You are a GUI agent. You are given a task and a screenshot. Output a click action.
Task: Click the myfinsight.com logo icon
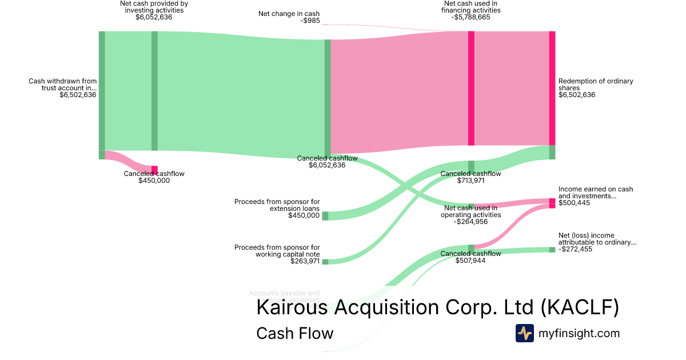click(524, 333)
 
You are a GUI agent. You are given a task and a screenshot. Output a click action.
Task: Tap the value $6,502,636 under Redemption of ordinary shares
click(577, 95)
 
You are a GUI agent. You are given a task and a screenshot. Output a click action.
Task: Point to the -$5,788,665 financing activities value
click(470, 17)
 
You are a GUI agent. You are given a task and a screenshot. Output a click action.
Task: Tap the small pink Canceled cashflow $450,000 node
click(154, 170)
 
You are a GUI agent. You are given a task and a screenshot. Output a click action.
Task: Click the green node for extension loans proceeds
click(325, 215)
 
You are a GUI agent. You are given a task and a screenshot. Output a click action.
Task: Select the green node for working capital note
click(325, 262)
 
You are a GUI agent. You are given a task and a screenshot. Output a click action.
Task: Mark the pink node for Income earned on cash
click(552, 203)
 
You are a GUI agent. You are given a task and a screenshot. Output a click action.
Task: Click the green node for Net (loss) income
click(552, 250)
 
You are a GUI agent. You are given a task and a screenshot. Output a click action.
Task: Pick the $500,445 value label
click(575, 203)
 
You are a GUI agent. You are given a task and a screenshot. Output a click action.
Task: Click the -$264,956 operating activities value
click(470, 222)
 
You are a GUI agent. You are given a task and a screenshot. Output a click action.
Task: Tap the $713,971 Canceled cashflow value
click(470, 181)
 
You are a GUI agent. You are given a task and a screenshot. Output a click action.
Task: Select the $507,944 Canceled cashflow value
click(470, 261)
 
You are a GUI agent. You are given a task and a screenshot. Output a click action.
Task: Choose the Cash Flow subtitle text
click(294, 333)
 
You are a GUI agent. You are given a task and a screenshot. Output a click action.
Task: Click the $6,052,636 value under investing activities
click(154, 17)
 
